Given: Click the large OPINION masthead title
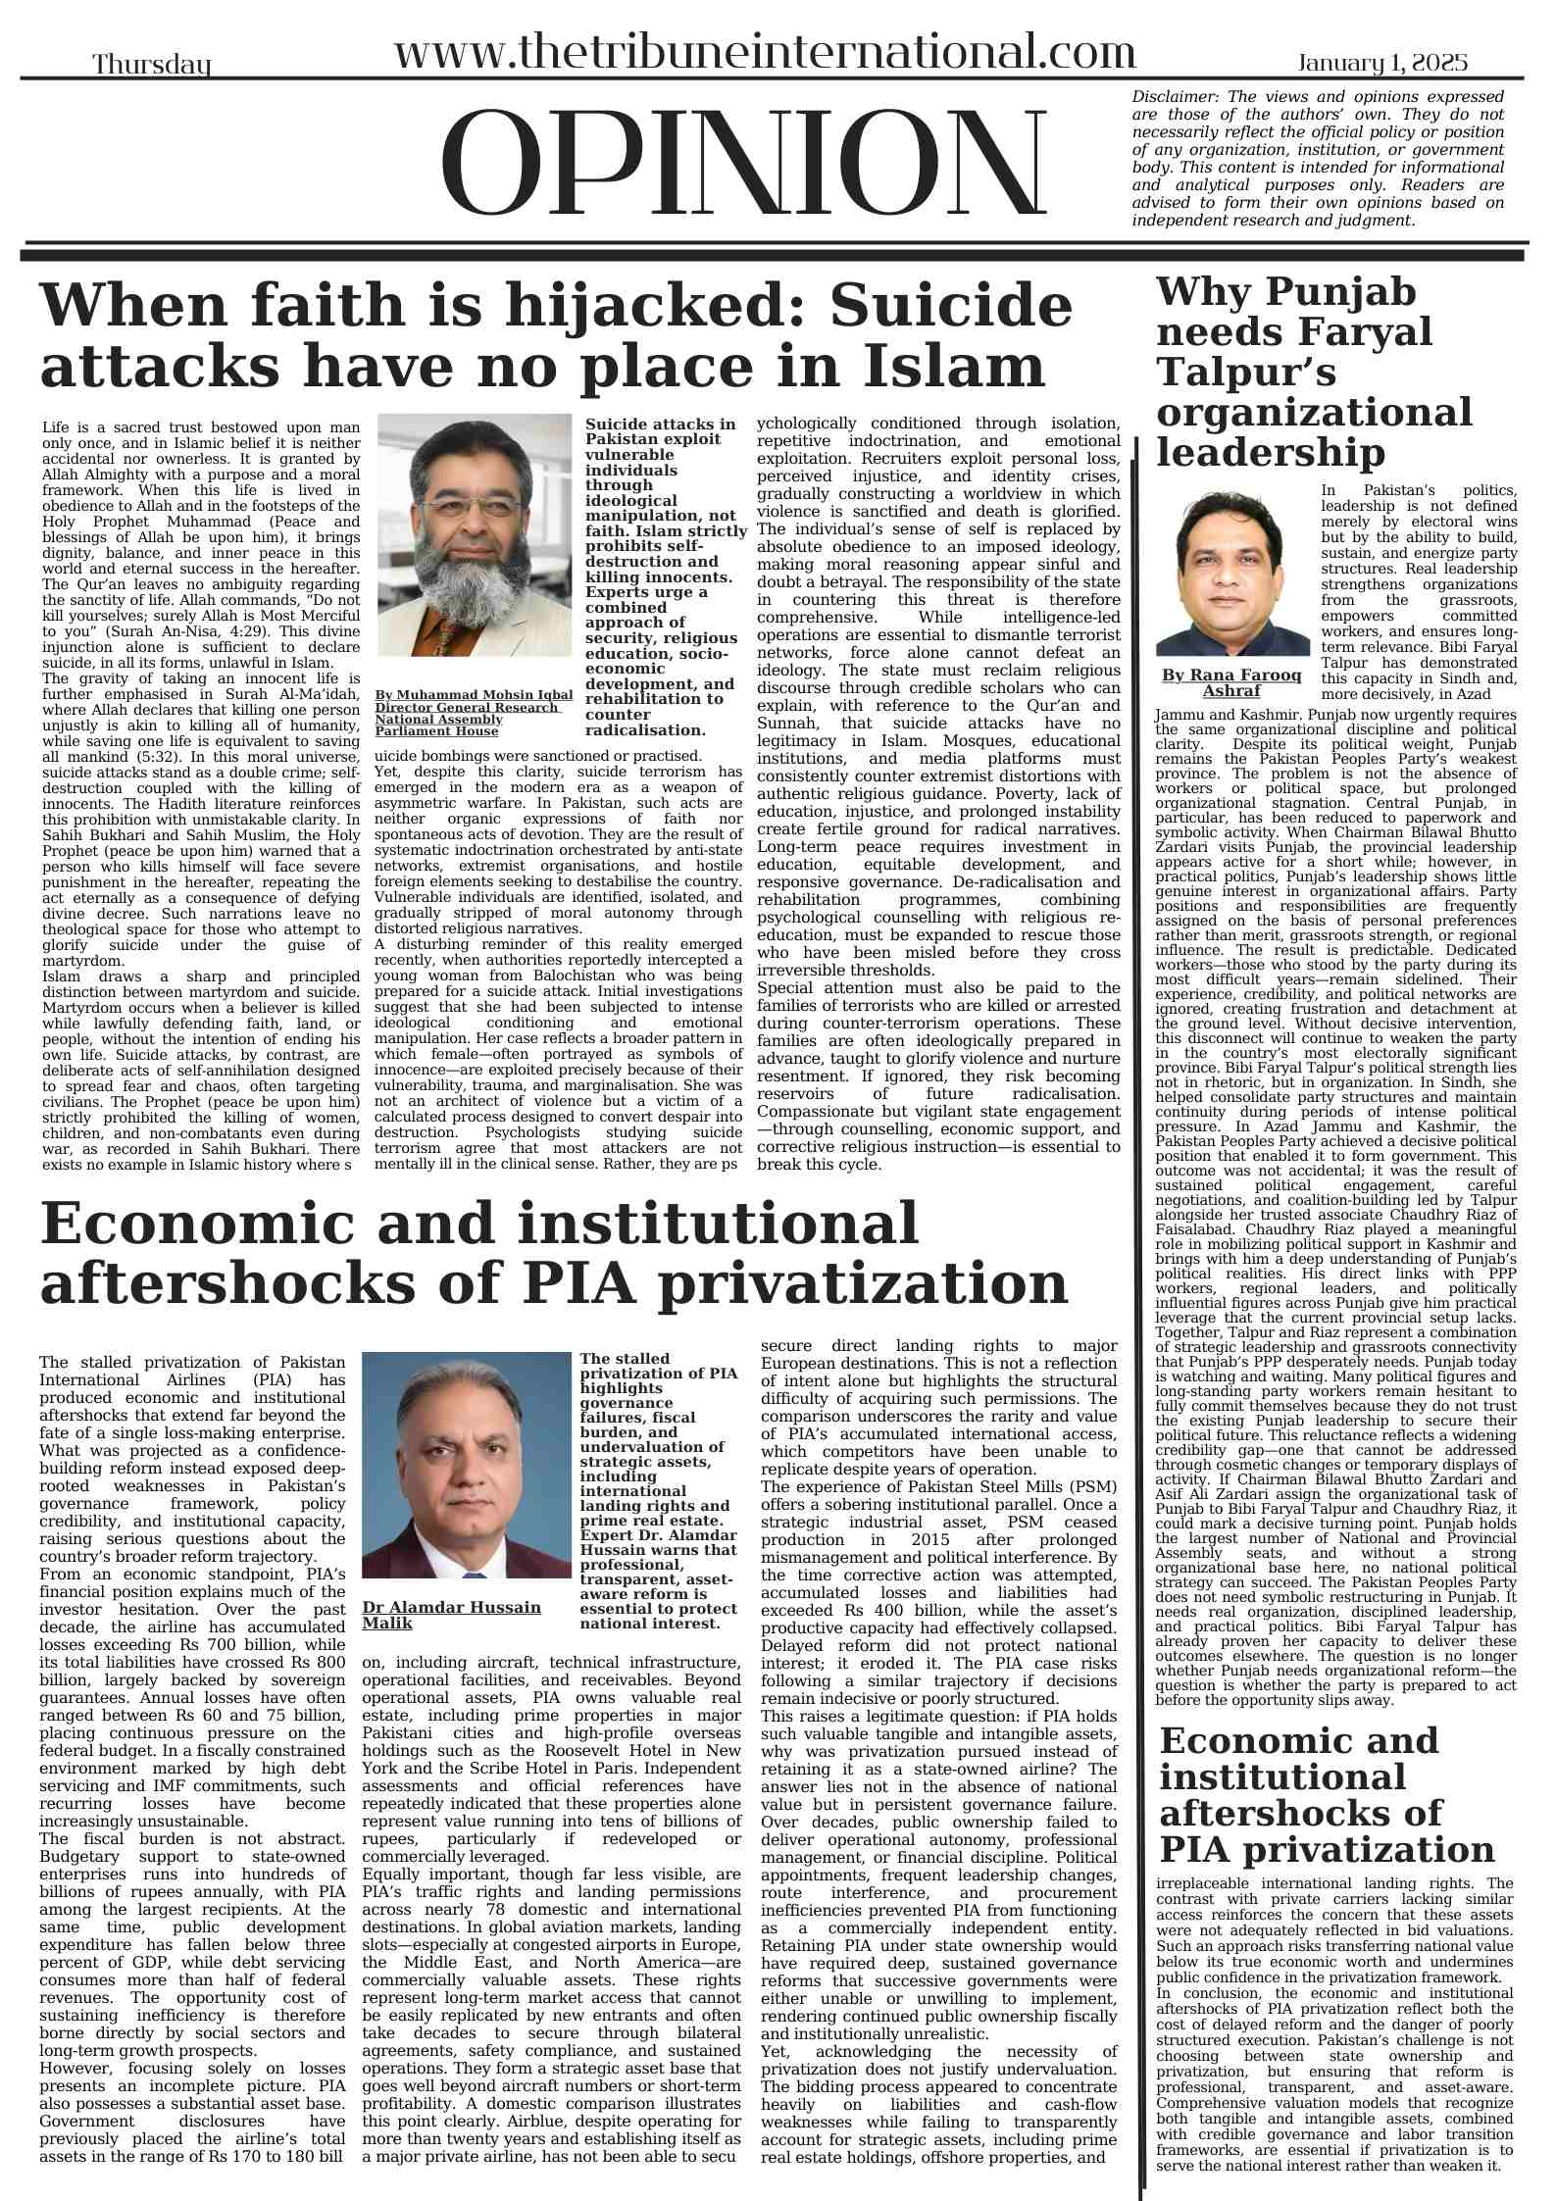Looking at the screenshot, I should [745, 164].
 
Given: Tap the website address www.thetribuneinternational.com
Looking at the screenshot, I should [764, 51].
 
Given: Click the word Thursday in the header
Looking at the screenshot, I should [152, 66].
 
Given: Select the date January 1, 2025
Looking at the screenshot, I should [1382, 64].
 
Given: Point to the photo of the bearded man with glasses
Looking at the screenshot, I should [474, 534].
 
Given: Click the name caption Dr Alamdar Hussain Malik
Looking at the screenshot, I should [451, 1615].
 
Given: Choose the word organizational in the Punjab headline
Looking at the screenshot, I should [1314, 413].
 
